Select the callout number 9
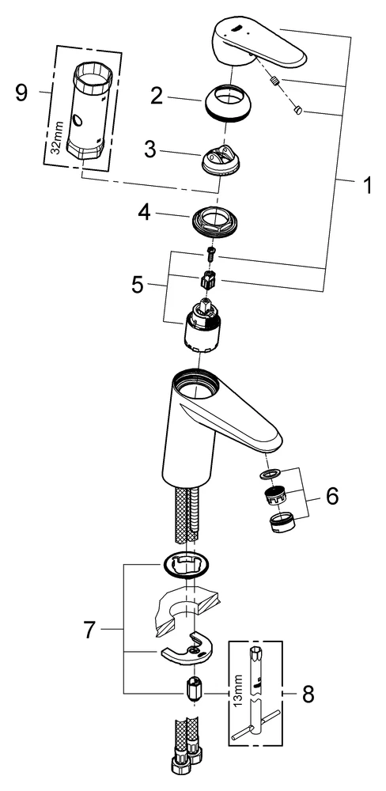click(x=21, y=94)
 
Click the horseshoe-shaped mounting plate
click(x=188, y=651)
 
